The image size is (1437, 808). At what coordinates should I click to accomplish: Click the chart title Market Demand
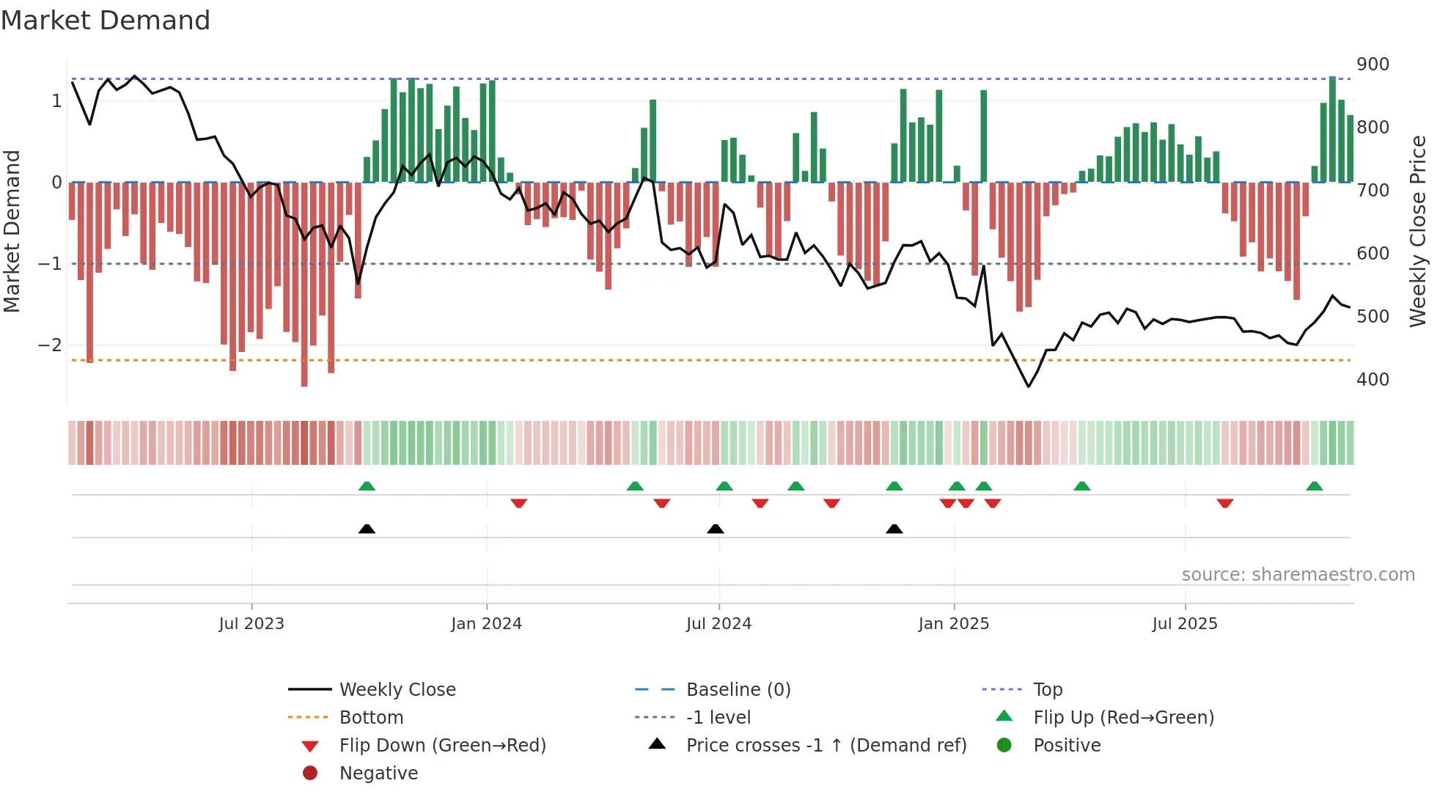tap(106, 21)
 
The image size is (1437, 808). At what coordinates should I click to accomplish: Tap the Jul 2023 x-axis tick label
tap(251, 624)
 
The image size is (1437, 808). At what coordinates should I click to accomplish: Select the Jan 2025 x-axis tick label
tap(953, 624)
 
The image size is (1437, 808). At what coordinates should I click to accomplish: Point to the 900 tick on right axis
tap(1372, 65)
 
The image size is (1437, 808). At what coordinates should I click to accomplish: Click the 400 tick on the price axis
tap(1372, 380)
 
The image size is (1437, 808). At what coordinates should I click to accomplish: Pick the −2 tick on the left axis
tap(50, 345)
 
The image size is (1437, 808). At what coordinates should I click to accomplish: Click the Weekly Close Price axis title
tap(1418, 231)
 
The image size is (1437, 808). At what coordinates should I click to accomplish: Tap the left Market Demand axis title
tap(12, 231)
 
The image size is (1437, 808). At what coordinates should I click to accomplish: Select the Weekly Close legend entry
tap(397, 690)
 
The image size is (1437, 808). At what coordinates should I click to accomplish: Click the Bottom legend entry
tap(371, 718)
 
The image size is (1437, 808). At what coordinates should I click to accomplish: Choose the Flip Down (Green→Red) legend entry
tap(442, 746)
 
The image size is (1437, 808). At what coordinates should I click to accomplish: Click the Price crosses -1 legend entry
tap(826, 746)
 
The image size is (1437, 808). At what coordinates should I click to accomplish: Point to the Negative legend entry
tap(378, 774)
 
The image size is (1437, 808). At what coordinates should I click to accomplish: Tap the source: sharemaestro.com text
tap(1298, 575)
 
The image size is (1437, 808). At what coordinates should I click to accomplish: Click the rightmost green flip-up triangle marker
tap(1315, 486)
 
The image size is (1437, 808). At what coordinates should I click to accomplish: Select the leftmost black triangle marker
tap(367, 529)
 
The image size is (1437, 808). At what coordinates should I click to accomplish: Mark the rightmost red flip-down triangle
tap(1224, 503)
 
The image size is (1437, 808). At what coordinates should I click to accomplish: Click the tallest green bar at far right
tap(1332, 129)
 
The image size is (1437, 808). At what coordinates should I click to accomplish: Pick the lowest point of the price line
tap(1028, 386)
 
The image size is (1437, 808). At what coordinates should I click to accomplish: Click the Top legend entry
tap(1048, 690)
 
